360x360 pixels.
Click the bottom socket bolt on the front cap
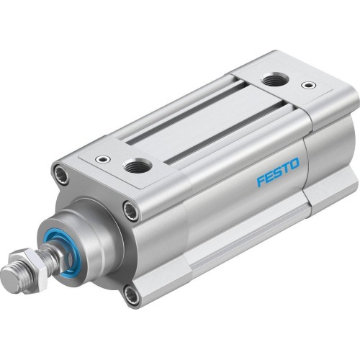(x=129, y=292)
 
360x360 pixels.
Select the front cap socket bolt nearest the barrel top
(x=130, y=211)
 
